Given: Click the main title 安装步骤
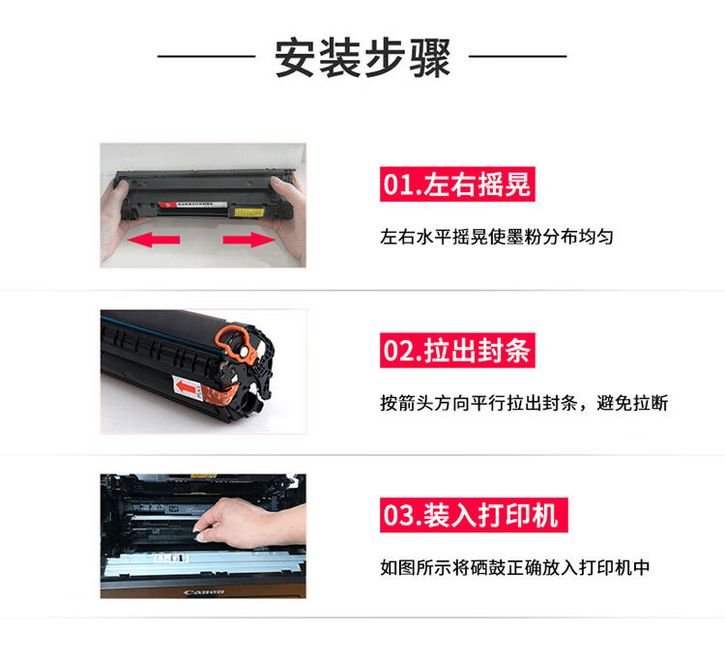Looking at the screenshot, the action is tap(362, 58).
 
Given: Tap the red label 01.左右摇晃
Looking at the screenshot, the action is tap(457, 184).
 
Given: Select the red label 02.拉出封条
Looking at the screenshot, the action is tap(457, 351).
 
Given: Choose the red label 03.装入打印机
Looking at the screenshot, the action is tap(474, 515).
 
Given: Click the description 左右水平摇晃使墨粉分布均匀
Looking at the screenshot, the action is tap(497, 237).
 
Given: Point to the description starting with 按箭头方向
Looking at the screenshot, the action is tap(524, 403).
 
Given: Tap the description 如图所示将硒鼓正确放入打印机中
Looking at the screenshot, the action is tap(515, 567).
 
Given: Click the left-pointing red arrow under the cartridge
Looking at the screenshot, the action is tap(154, 240).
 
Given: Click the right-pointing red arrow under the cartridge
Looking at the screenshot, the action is tap(249, 240).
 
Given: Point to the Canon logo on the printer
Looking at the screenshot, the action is tap(204, 592).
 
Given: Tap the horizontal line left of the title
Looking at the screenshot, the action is tap(206, 56).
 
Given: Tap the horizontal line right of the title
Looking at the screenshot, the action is tap(518, 56).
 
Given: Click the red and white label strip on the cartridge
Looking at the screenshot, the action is tap(192, 204).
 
